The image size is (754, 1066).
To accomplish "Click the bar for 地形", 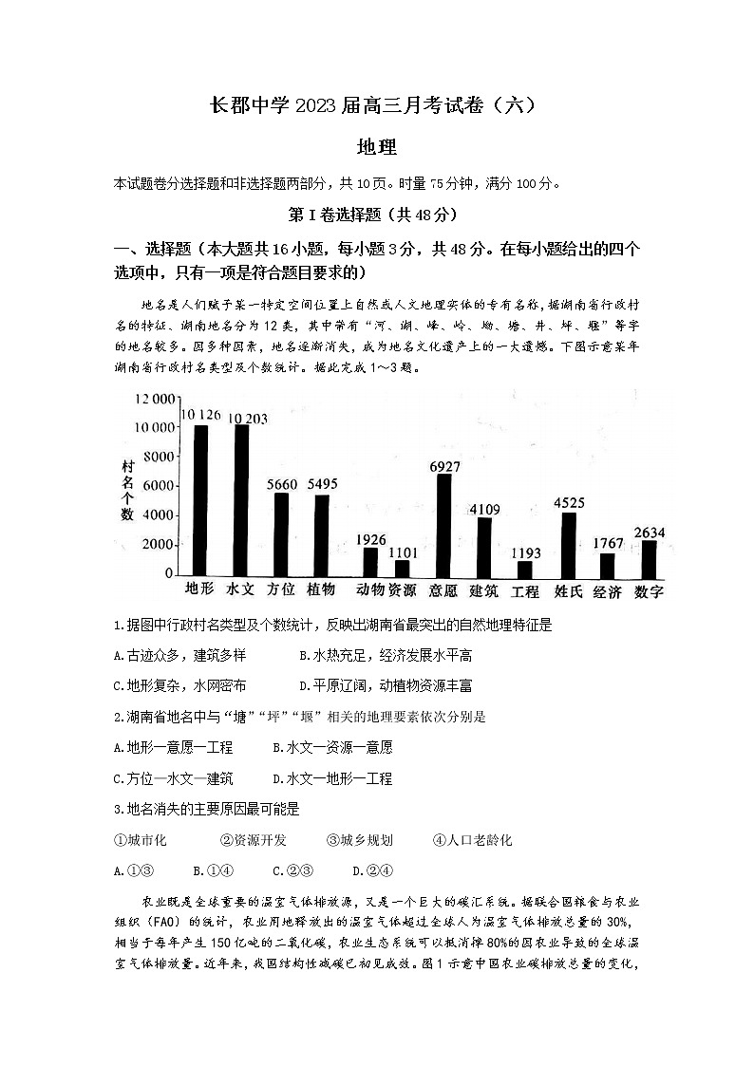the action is [x=200, y=499].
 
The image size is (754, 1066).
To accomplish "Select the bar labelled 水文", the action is [x=241, y=499].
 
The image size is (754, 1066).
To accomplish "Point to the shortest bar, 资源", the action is [x=403, y=567].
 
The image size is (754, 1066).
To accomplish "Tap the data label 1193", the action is [x=525, y=552].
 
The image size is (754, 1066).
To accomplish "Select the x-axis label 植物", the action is [x=321, y=589].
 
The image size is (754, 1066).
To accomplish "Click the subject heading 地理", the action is [x=376, y=147].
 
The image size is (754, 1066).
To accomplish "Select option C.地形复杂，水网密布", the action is [x=179, y=685].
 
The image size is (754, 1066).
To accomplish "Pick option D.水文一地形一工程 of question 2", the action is [x=331, y=778].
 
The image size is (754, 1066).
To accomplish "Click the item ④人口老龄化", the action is [x=472, y=840].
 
